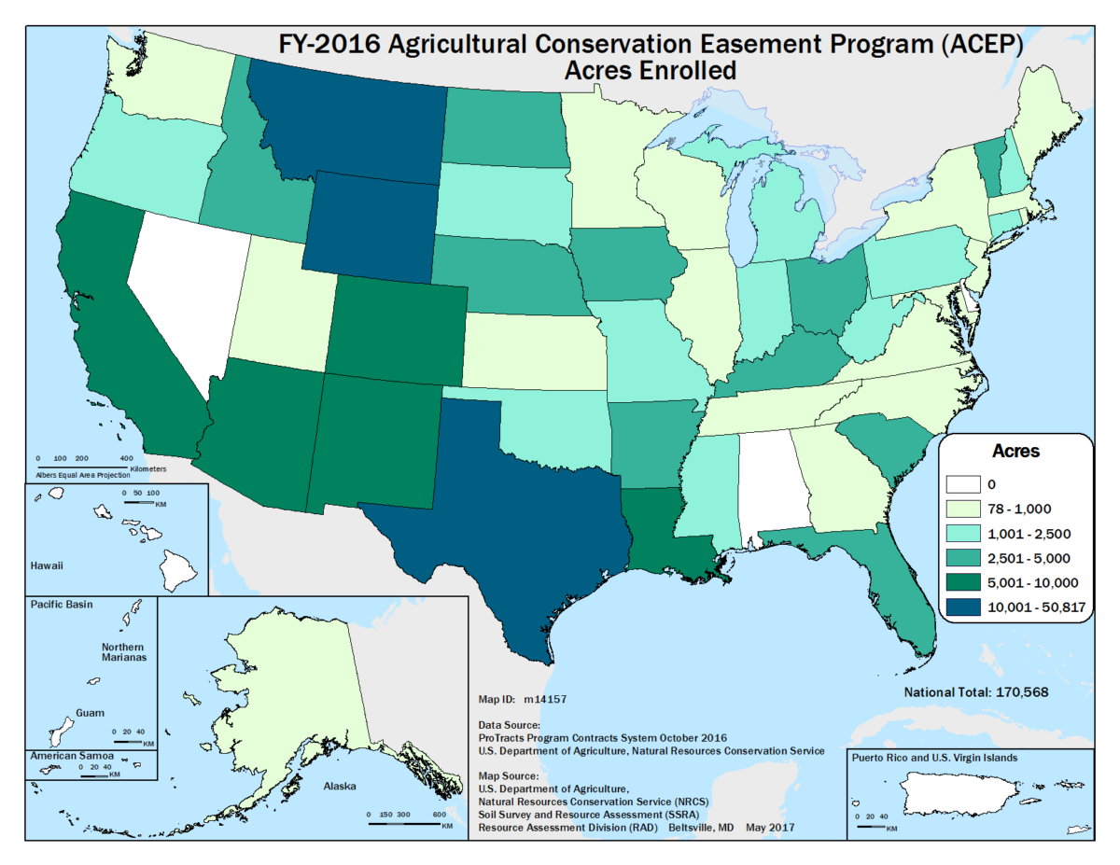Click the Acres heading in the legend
(1014, 451)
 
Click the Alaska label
(340, 786)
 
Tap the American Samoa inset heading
(71, 754)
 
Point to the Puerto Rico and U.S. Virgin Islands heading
(934, 757)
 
